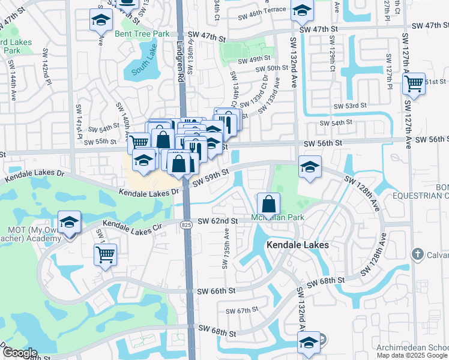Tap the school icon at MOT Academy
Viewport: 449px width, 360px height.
pos(70,221)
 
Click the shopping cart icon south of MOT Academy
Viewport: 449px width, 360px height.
pos(105,254)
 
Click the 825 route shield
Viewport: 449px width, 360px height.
pos(187,223)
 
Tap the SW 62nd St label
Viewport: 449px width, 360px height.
pos(217,221)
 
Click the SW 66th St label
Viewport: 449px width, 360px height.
pos(217,291)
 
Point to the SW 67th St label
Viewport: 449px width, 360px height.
pos(241,310)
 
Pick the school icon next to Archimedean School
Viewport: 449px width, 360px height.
pos(309,343)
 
